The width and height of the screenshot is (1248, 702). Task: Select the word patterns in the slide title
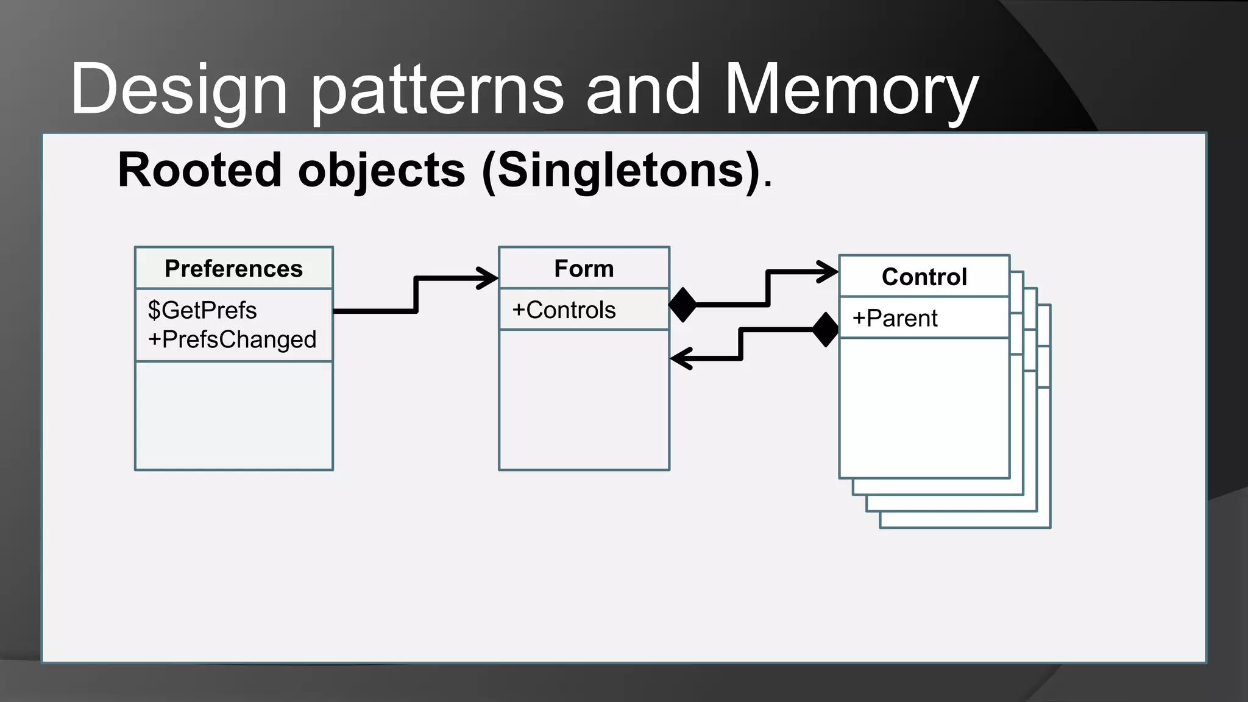point(438,90)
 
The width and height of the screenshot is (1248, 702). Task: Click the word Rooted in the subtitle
point(199,171)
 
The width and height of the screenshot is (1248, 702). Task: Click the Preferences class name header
point(233,269)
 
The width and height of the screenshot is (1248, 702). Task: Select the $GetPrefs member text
point(202,310)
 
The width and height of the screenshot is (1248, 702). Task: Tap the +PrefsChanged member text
point(232,339)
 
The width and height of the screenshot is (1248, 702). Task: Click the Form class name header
point(584,269)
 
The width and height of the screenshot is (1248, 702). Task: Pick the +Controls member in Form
point(564,310)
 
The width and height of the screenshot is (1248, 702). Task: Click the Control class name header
point(924,277)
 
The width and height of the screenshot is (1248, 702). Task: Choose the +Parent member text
point(895,318)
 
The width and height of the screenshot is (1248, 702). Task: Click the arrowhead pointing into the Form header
point(488,278)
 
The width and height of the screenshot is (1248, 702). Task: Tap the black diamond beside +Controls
point(682,305)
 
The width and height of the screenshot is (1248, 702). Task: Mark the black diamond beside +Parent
point(826,330)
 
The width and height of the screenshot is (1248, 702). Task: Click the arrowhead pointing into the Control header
point(828,272)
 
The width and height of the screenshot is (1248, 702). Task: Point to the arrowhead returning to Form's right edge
point(681,358)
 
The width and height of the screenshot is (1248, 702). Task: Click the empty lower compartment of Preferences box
point(233,416)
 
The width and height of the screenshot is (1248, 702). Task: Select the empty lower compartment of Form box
point(584,400)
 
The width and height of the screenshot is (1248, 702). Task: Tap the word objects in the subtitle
point(382,171)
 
